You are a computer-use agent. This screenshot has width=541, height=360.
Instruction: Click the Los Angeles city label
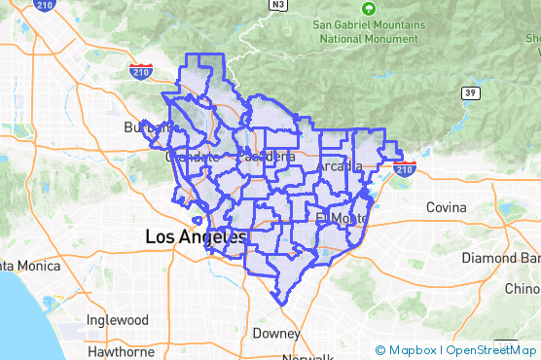pos(196,236)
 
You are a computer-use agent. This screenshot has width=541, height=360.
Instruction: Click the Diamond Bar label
pos(502,259)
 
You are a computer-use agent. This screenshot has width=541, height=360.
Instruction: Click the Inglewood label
pos(117,320)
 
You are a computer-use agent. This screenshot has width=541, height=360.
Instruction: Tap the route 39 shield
pos(471,93)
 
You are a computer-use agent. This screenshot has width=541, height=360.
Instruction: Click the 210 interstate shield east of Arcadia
pos(406,167)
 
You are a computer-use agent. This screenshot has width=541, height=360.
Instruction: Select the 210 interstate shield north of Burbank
pos(140,71)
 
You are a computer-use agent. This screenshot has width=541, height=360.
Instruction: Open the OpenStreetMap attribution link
pos(492,350)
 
